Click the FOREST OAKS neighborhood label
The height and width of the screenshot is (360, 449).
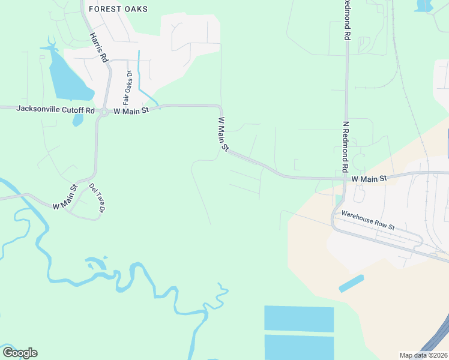coord(118,9)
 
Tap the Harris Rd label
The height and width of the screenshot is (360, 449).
coord(98,47)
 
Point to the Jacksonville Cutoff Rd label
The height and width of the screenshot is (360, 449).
coord(56,110)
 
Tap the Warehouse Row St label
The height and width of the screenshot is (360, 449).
coord(368,220)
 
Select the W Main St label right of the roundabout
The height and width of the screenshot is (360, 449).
coord(131,111)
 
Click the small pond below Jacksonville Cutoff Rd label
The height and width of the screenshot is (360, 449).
coord(78,120)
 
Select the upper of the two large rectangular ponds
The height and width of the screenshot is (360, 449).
coord(299,319)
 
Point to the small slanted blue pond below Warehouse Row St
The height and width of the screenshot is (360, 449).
coord(351,283)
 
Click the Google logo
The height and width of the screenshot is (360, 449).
coord(20,353)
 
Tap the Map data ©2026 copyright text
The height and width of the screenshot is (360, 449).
coord(423,355)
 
